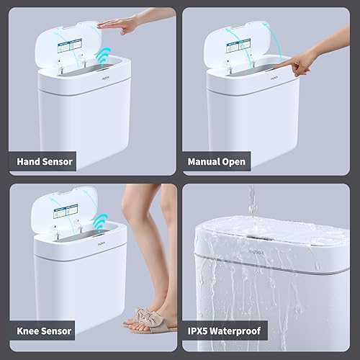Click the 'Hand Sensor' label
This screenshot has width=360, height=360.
tap(45, 161)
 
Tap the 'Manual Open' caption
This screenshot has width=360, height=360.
tap(217, 161)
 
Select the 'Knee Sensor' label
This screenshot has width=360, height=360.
tap(45, 330)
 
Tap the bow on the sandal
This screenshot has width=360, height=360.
tap(144, 318)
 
